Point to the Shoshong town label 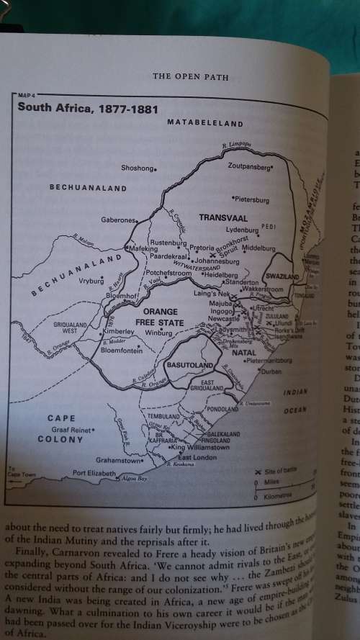pos(138,168)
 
